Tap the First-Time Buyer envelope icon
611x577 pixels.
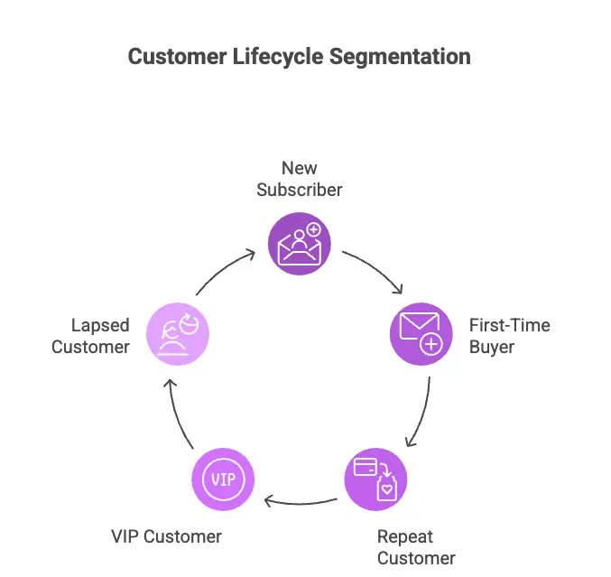pyautogui.click(x=421, y=334)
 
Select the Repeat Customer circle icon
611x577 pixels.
pyautogui.click(x=375, y=478)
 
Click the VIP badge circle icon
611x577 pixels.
pyautogui.click(x=223, y=478)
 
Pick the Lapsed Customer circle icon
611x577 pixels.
pyautogui.click(x=178, y=334)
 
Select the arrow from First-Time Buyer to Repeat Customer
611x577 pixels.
pyautogui.click(x=420, y=411)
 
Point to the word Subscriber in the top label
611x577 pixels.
pyautogui.click(x=300, y=190)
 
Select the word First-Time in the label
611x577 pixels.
pyautogui.click(x=509, y=325)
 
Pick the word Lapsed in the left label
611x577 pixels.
pyautogui.click(x=100, y=325)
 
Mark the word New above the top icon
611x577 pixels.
pyautogui.click(x=300, y=168)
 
